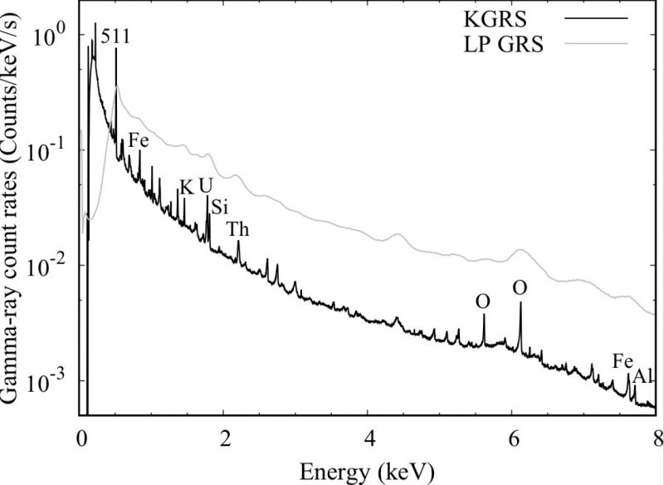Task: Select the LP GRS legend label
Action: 502,43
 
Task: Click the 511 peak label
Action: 115,37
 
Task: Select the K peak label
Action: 187,187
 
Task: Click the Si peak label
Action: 219,207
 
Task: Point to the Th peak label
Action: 237,228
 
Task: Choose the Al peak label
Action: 643,378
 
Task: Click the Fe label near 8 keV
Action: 623,361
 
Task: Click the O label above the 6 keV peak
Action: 520,288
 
